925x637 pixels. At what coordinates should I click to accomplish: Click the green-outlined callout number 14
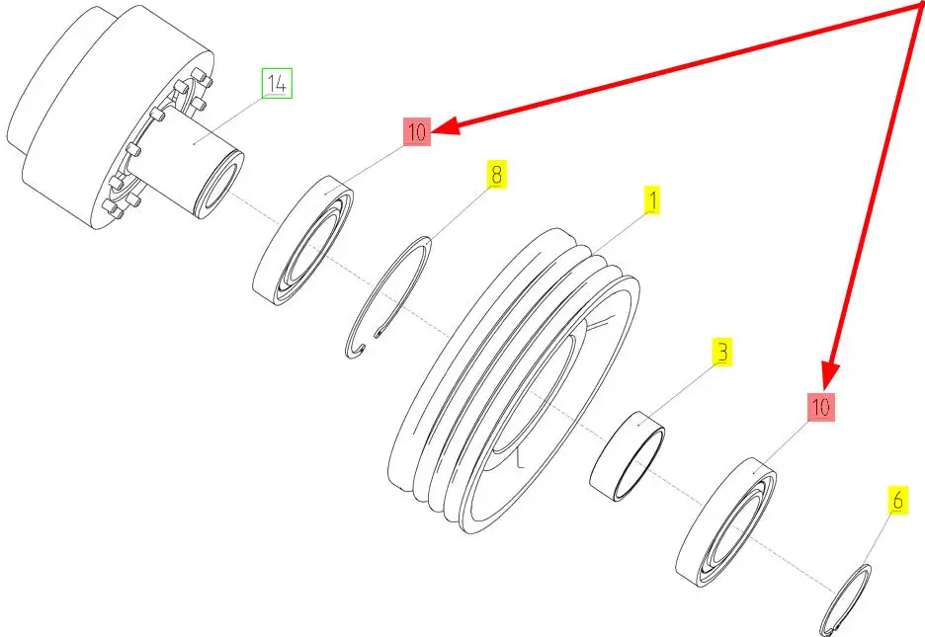(277, 83)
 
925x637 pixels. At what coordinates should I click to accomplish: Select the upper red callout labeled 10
(417, 131)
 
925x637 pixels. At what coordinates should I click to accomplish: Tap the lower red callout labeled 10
(820, 407)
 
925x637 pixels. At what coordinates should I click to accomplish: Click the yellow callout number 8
(497, 175)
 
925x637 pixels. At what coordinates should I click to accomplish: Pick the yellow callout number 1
(652, 200)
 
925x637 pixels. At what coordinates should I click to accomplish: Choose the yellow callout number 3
(721, 352)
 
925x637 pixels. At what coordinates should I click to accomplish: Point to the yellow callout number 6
(897, 500)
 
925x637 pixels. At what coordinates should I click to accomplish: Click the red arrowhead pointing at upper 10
(447, 125)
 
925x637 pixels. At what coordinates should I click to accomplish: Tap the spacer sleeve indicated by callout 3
(627, 456)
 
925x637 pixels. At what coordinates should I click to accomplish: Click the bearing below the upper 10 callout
(302, 240)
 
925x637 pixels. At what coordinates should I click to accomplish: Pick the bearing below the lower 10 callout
(725, 522)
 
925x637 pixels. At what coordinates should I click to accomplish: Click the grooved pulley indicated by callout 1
(513, 381)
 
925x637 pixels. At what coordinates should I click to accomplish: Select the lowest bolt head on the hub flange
(109, 207)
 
